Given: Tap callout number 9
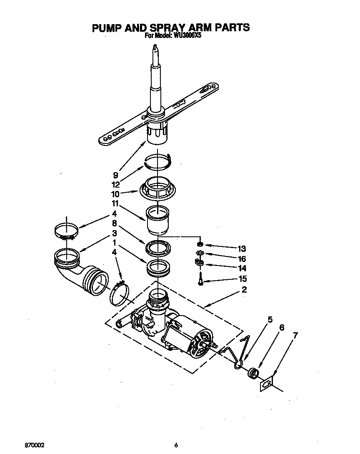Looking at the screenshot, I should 115,175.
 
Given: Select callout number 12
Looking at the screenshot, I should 115,184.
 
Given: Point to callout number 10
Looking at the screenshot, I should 115,194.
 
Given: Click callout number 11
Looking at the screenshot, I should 115,204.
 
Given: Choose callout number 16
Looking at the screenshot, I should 242,258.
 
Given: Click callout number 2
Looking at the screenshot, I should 244,290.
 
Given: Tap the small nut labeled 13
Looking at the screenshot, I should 200,244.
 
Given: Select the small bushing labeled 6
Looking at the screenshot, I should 252,372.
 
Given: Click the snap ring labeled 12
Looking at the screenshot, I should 158,161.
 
